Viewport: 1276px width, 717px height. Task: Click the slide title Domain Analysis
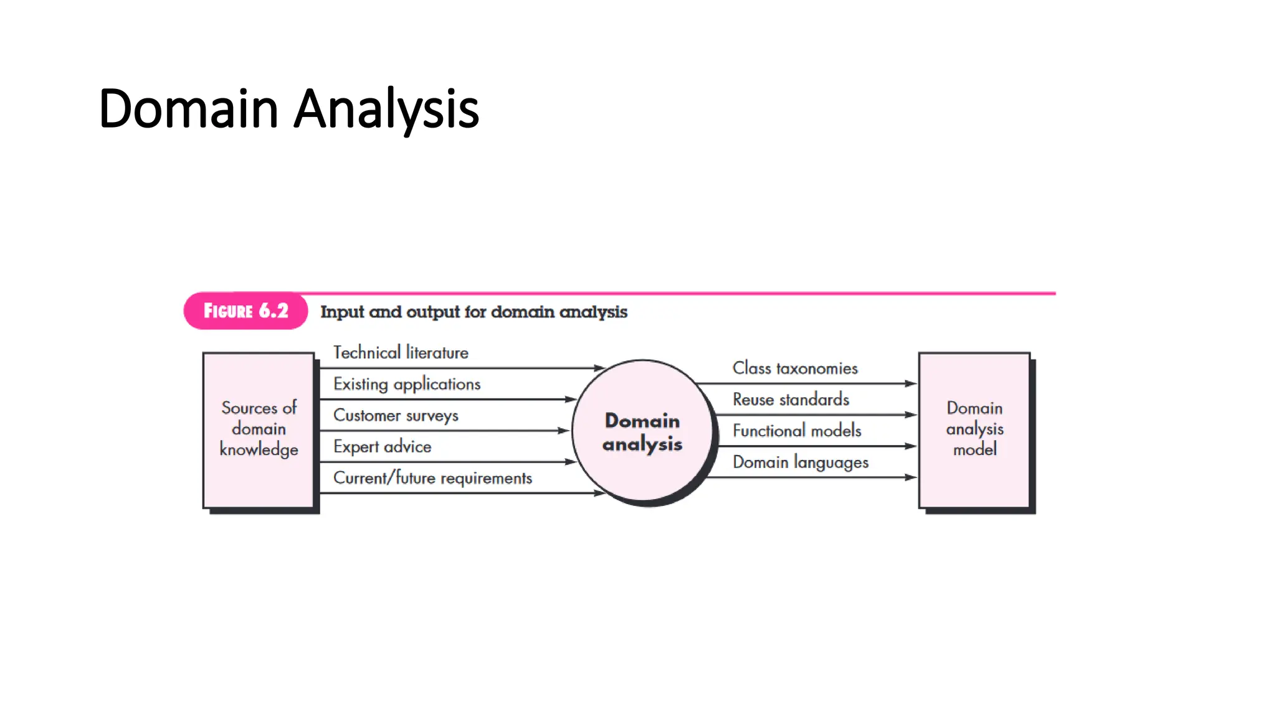click(x=288, y=109)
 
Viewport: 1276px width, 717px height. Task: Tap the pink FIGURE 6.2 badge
click(x=245, y=311)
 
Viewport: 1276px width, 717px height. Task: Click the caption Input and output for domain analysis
click(x=474, y=312)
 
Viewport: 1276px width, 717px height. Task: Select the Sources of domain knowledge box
click(x=259, y=429)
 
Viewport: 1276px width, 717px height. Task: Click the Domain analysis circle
click(x=642, y=431)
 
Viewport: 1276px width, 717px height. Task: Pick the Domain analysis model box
click(x=974, y=429)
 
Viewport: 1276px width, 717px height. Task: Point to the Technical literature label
click(x=401, y=353)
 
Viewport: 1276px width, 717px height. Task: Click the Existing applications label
click(x=407, y=384)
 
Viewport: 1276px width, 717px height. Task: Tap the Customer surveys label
click(x=396, y=415)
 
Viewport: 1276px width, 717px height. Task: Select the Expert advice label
click(x=382, y=447)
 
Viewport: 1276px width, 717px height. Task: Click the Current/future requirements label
click(x=432, y=478)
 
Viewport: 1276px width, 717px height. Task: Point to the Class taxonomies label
click(x=795, y=368)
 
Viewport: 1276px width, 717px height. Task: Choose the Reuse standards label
click(x=791, y=400)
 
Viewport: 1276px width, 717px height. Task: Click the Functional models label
click(x=797, y=431)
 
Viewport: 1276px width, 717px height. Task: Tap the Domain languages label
click(x=801, y=462)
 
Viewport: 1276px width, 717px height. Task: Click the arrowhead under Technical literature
click(x=599, y=368)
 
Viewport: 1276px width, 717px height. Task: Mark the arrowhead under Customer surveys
click(x=563, y=431)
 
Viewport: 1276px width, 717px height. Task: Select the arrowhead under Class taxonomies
click(x=911, y=384)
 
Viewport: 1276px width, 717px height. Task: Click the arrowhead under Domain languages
click(x=911, y=477)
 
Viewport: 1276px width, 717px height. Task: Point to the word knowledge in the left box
click(x=259, y=450)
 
